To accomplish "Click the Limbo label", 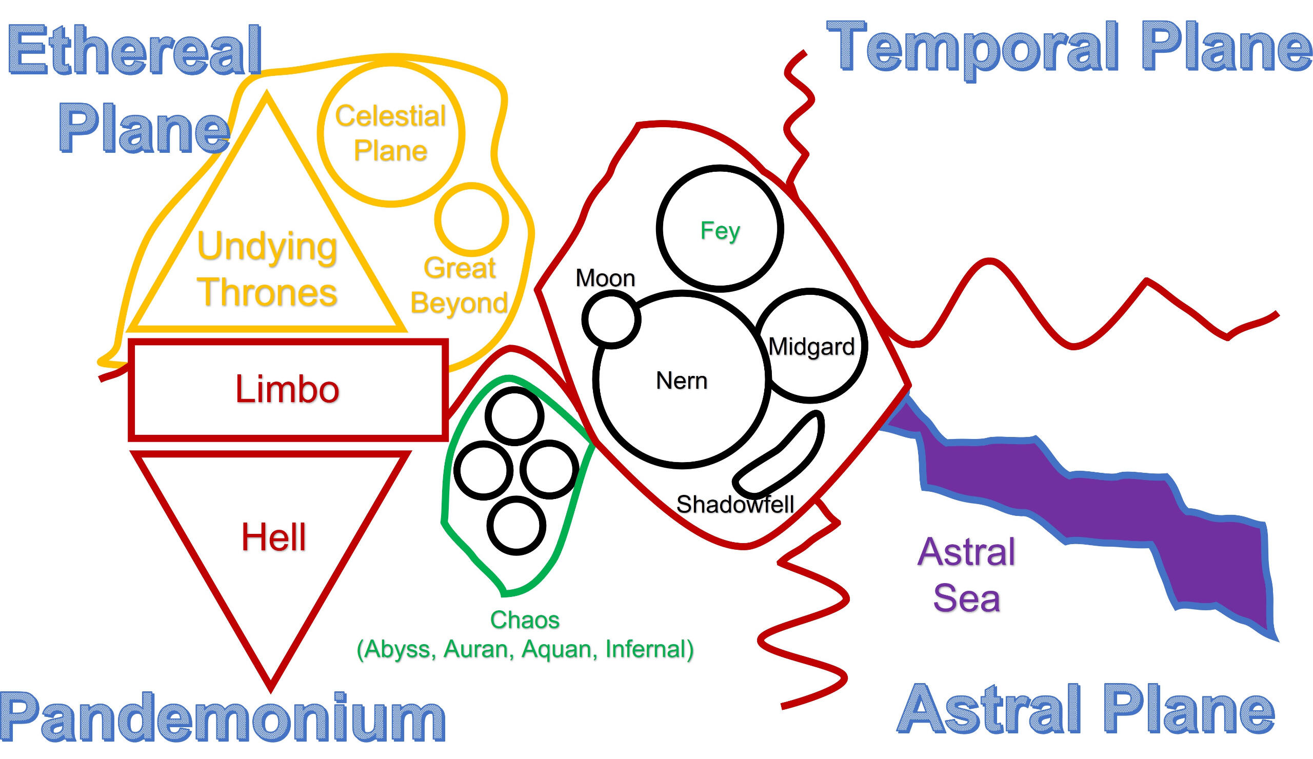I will coord(287,390).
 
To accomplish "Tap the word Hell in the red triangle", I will coord(273,537).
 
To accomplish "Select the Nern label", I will coord(682,381).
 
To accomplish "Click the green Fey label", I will coord(720,230).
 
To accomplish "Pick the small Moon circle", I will coord(611,319).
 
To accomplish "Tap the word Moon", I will coord(605,278).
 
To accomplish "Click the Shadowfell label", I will coord(734,504).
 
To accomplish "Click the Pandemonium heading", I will coord(223,718).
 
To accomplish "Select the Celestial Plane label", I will coord(390,133).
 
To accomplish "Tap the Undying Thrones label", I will coord(267,269).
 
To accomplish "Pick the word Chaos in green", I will coord(525,620).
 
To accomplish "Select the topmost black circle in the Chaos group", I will coord(514,417).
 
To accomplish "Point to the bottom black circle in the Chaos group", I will coord(516,526).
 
